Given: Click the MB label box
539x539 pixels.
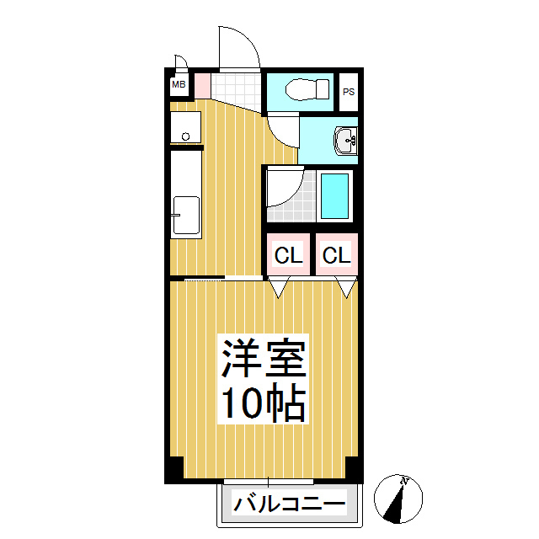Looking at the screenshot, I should pyautogui.click(x=179, y=84).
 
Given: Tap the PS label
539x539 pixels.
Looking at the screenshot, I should pyautogui.click(x=348, y=92).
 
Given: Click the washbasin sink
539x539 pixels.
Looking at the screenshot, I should pyautogui.click(x=345, y=140).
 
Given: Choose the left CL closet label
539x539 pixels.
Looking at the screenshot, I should pyautogui.click(x=288, y=255).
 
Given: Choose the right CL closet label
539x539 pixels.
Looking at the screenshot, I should pyautogui.click(x=335, y=255).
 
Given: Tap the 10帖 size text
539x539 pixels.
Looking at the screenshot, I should pyautogui.click(x=263, y=404).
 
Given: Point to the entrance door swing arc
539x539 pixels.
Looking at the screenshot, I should pyautogui.click(x=240, y=46).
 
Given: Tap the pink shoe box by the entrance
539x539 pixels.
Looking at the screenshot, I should pyautogui.click(x=201, y=85).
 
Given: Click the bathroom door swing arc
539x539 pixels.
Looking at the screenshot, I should pyautogui.click(x=285, y=189).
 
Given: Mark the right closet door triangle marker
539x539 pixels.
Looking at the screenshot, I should pyautogui.click(x=345, y=288).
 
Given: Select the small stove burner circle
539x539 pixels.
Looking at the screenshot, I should pyautogui.click(x=185, y=136).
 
